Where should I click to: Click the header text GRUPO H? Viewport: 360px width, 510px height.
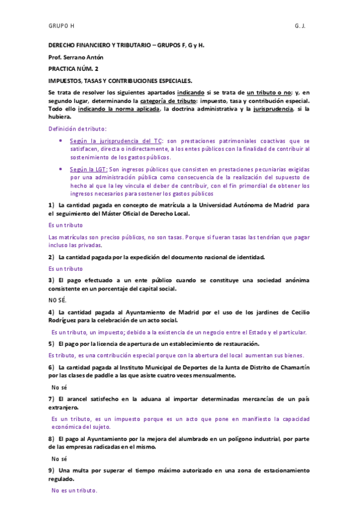(61, 27)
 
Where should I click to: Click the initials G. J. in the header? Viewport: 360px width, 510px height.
(301, 27)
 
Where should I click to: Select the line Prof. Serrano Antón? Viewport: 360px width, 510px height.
(76, 57)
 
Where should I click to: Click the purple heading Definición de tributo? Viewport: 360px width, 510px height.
(78, 129)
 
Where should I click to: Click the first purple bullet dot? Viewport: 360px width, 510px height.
(61, 140)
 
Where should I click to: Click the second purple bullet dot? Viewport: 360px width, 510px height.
(61, 170)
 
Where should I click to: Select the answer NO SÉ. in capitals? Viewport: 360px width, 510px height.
(58, 300)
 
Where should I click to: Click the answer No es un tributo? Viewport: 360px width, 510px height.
(74, 491)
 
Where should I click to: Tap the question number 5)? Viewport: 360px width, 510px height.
(52, 343)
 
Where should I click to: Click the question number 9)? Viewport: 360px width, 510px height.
(52, 469)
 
